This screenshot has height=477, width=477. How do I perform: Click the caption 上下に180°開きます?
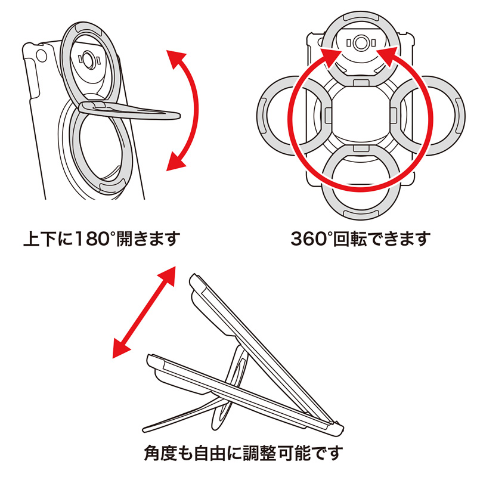(x=101, y=240)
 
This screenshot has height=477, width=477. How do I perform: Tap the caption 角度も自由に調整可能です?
(x=244, y=451)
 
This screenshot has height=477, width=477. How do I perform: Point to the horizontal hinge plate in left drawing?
(x=128, y=110)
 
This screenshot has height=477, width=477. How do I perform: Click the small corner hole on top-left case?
(x=41, y=56)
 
